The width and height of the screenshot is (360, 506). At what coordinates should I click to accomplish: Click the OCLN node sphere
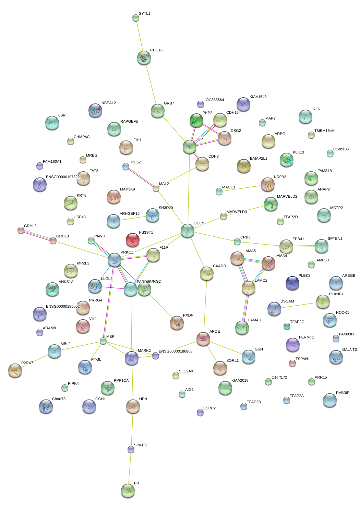click(x=187, y=231)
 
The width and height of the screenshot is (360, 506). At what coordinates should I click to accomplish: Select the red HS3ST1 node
click(x=133, y=240)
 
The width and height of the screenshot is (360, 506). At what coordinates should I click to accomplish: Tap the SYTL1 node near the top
click(x=136, y=18)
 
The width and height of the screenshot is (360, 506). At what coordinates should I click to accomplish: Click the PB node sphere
click(x=128, y=490)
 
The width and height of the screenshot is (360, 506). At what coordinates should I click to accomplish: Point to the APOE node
click(x=203, y=339)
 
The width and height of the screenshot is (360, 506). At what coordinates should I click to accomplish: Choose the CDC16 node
click(x=144, y=58)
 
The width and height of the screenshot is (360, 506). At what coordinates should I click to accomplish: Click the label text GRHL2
click(x=30, y=226)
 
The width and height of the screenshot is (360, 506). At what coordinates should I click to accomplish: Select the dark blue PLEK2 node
click(x=292, y=283)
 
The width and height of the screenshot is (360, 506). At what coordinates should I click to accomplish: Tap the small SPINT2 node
click(x=131, y=449)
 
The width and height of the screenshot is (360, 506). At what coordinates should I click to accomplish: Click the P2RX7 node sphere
click(x=15, y=370)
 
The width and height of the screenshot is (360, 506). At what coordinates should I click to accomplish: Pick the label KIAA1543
click(x=258, y=97)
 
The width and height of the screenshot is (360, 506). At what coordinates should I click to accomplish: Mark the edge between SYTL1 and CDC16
click(x=140, y=37)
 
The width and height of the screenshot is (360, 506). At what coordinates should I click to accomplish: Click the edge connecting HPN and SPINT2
click(x=132, y=428)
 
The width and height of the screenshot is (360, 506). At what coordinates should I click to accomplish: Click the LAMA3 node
click(x=242, y=328)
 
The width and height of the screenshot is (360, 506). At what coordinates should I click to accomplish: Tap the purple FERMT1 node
click(x=293, y=345)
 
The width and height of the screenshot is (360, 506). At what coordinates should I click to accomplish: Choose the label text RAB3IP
click(x=343, y=393)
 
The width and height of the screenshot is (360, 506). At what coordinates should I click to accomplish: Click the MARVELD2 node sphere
click(x=271, y=204)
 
